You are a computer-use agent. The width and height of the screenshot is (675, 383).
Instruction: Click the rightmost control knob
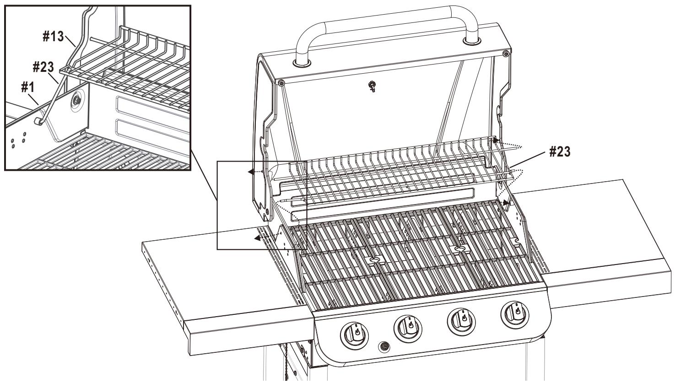tap(516, 314)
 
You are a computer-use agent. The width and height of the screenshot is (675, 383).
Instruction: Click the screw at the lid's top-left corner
tap(280, 82)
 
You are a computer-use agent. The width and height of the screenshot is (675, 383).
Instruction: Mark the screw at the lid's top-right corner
tap(505, 54)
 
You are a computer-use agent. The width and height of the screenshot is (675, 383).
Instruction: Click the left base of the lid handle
tap(301, 60)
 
